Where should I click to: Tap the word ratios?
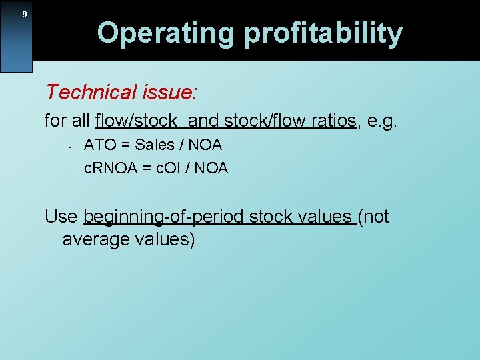(333, 121)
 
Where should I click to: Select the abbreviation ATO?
(99, 145)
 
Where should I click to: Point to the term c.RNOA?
(111, 168)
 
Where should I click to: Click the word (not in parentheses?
(373, 217)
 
